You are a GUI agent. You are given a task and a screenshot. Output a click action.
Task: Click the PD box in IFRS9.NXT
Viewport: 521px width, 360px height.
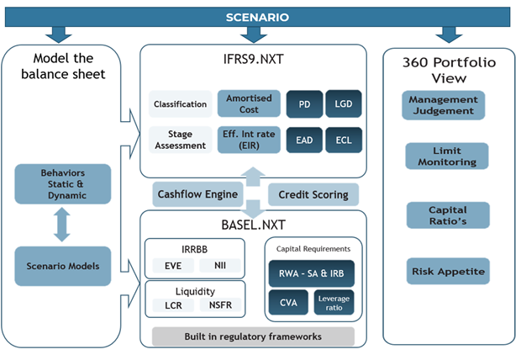[303, 104]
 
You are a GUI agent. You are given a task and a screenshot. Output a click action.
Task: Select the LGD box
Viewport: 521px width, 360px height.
[344, 104]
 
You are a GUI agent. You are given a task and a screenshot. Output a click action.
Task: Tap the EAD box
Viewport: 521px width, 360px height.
[303, 139]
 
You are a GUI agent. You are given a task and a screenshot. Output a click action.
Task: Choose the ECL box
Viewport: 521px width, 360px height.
[344, 139]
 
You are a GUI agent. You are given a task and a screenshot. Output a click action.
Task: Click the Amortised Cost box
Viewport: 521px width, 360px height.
[249, 104]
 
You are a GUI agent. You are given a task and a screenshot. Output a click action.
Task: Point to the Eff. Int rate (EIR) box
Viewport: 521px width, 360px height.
[249, 139]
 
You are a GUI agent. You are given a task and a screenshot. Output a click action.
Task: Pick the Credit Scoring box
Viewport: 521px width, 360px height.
[313, 194]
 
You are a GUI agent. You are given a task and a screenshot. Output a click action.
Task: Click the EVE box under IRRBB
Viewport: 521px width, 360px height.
[173, 266]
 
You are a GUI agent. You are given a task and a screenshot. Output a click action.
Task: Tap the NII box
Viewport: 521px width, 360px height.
[219, 266]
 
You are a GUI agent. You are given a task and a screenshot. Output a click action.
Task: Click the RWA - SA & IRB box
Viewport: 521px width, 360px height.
[311, 273]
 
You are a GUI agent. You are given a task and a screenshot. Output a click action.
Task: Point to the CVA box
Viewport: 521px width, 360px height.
[288, 304]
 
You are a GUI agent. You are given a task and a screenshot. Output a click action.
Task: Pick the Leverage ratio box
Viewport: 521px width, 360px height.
[334, 304]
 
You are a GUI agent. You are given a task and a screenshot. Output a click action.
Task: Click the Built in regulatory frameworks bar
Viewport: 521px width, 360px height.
[253, 336]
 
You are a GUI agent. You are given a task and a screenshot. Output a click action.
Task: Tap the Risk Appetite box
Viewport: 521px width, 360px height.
[448, 272]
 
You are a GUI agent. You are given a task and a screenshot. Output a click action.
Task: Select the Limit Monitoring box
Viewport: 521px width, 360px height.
[448, 156]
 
